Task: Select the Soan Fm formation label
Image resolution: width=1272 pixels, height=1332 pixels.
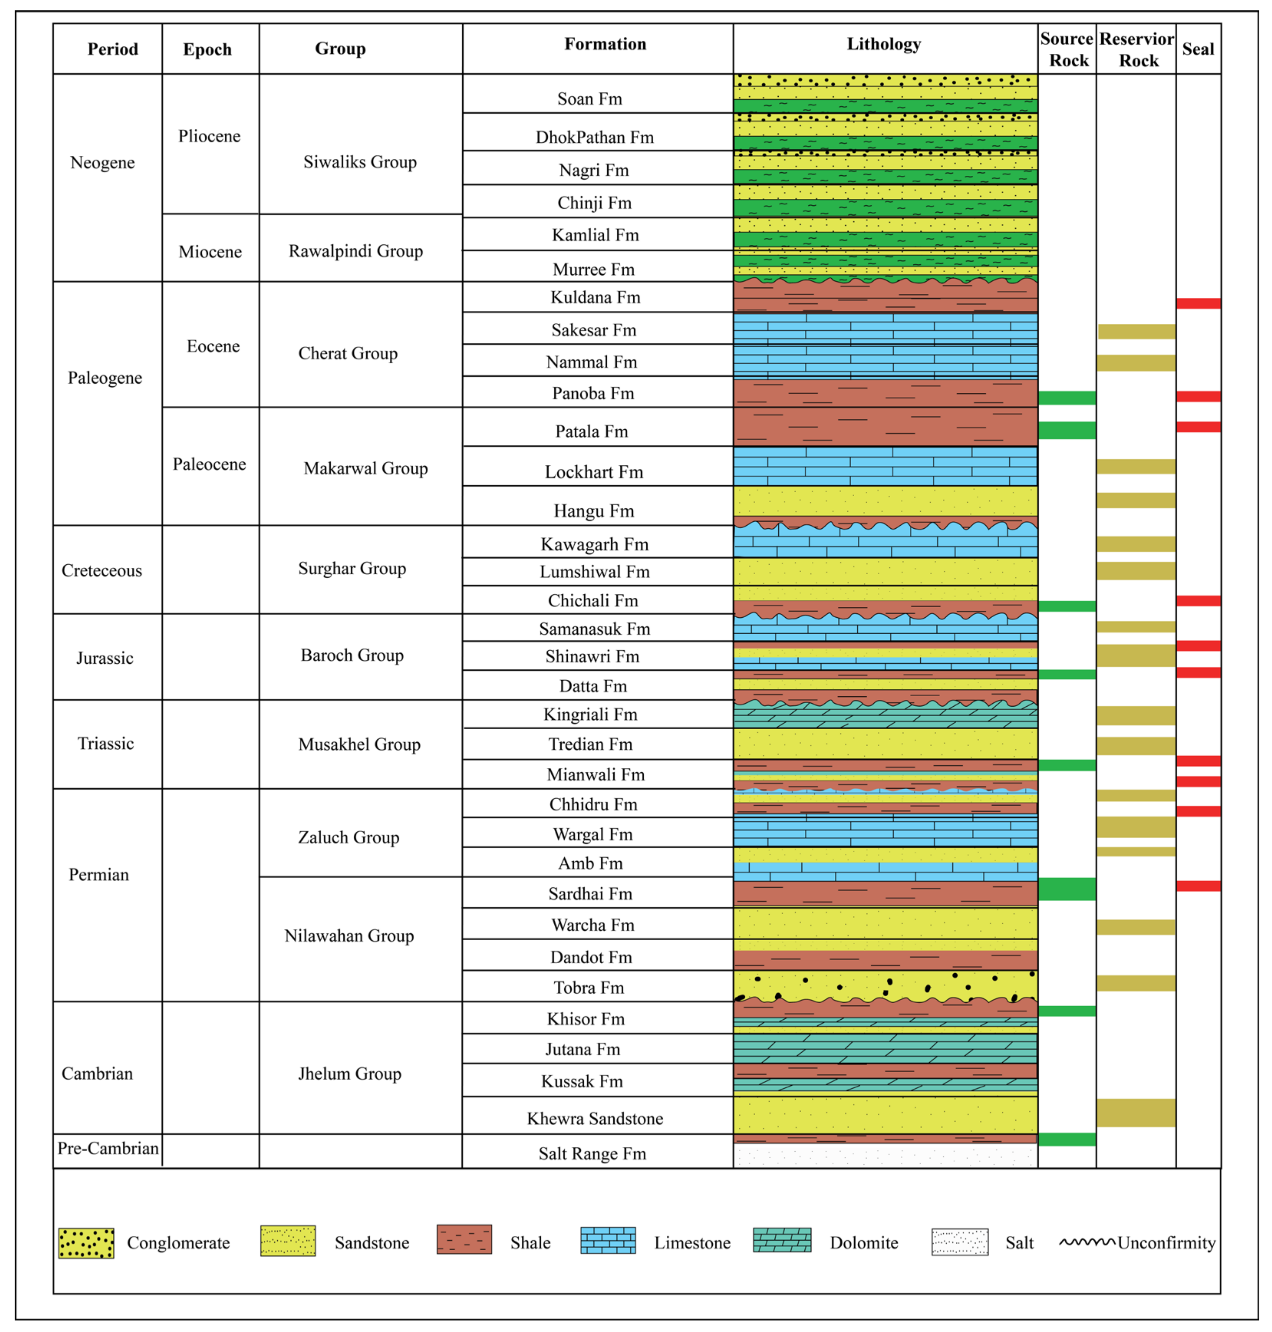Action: click(x=589, y=99)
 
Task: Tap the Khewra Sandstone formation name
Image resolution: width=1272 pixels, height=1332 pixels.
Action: click(x=595, y=1118)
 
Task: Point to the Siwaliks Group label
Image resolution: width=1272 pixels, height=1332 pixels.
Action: click(x=359, y=162)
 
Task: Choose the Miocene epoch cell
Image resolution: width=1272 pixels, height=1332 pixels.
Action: click(x=210, y=252)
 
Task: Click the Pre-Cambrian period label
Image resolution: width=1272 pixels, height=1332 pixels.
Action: click(x=108, y=1148)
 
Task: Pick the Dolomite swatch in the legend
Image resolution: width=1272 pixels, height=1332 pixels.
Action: click(x=782, y=1240)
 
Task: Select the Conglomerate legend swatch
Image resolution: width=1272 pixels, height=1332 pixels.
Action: click(x=86, y=1243)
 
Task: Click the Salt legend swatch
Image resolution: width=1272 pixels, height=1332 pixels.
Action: click(x=959, y=1242)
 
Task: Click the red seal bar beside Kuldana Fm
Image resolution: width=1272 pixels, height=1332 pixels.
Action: click(x=1198, y=303)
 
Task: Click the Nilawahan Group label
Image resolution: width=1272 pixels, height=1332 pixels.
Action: click(x=349, y=936)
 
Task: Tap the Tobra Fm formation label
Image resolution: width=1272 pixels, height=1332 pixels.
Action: click(x=588, y=987)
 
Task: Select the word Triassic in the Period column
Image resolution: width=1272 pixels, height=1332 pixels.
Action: click(x=106, y=743)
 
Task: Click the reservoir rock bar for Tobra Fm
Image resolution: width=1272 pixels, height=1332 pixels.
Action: click(x=1136, y=983)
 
